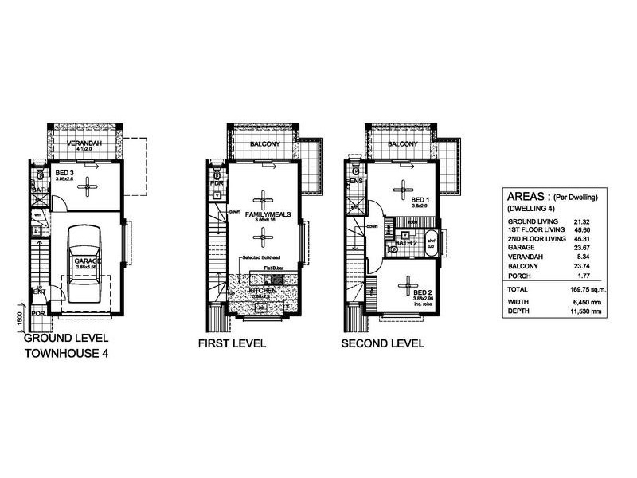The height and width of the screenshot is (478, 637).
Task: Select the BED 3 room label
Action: click(66, 172)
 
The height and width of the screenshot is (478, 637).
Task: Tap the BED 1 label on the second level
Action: click(420, 200)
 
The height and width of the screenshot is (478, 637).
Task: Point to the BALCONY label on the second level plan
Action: click(403, 143)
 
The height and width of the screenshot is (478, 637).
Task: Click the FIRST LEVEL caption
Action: click(232, 344)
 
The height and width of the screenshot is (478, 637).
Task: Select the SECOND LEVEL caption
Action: click(382, 344)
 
